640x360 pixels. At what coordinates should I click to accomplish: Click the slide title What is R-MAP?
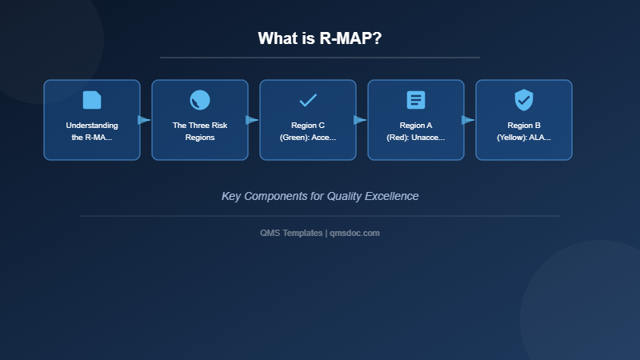click(x=319, y=38)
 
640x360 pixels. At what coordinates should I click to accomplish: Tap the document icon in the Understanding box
click(x=92, y=100)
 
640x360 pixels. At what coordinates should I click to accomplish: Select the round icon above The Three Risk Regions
click(x=200, y=100)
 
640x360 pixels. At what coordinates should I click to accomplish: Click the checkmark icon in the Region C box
click(x=308, y=100)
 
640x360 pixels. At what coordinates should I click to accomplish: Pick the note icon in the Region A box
click(x=416, y=100)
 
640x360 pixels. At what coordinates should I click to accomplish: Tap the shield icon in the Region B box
click(x=524, y=100)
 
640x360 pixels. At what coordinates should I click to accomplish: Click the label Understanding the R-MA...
click(x=92, y=131)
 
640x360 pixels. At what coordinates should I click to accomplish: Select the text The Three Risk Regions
click(x=200, y=131)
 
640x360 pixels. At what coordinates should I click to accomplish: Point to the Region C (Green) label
click(x=308, y=131)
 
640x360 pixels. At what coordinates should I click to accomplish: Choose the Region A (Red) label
click(x=416, y=131)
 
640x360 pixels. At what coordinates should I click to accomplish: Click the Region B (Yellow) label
click(x=524, y=131)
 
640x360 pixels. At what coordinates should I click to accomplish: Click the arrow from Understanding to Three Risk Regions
click(x=144, y=120)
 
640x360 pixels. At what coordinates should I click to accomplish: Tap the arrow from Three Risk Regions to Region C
click(x=252, y=120)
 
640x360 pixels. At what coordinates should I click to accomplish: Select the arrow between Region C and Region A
click(x=360, y=120)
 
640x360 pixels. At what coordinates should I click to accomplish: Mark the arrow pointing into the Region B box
click(x=468, y=120)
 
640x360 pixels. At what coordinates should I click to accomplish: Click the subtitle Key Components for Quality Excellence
click(x=320, y=196)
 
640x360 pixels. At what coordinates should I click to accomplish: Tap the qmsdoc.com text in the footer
click(x=354, y=233)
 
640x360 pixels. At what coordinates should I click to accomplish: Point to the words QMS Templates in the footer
click(x=291, y=233)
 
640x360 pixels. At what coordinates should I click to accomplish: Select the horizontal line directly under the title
click(x=320, y=58)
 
